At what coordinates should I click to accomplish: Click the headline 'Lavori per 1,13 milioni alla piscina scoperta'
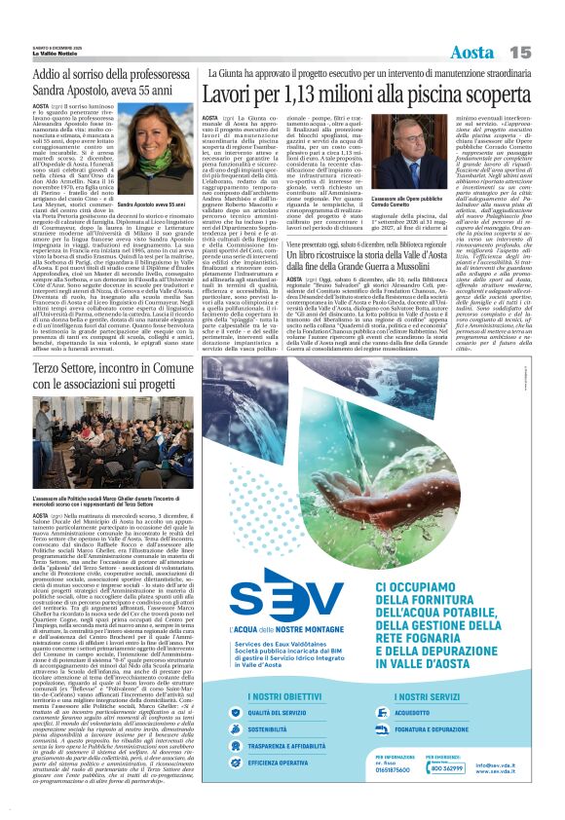click(363, 96)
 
